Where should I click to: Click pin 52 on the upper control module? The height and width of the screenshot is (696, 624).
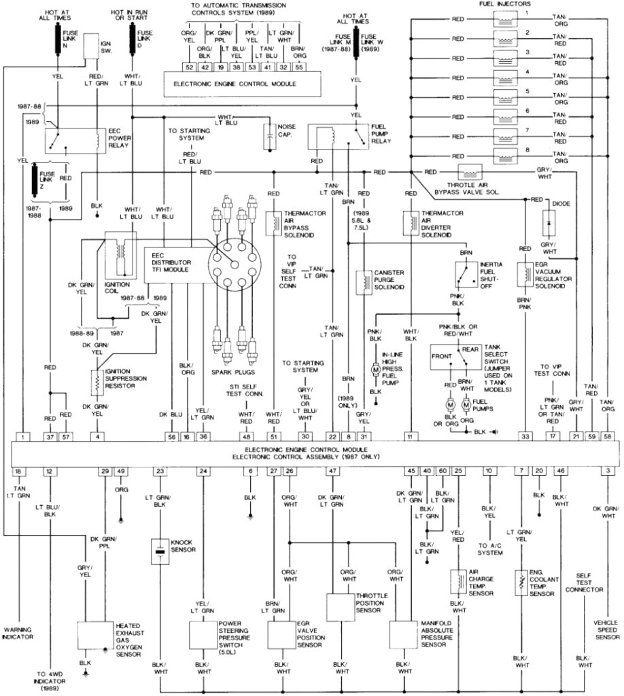188,68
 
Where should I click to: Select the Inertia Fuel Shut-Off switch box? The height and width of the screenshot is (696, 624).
466,275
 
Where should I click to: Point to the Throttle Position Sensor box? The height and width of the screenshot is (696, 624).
341,606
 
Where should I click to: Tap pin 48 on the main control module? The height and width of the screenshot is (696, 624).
247,437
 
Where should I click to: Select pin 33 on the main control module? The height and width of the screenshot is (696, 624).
525,437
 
